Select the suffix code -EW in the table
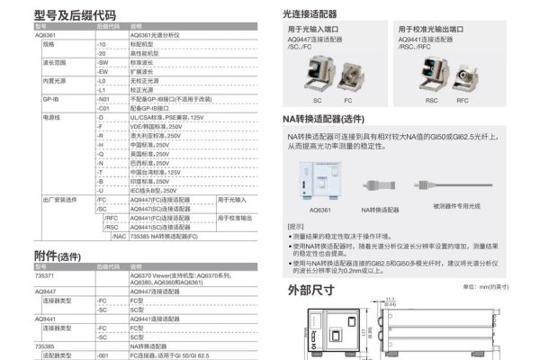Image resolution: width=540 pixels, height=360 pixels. (x=102, y=70)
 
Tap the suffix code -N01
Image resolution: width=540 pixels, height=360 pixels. (x=103, y=97)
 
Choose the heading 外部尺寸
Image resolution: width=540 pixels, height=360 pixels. (x=310, y=290)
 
